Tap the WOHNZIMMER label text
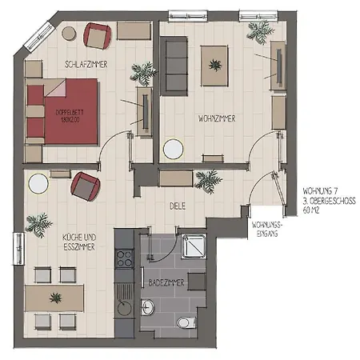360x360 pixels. point(216,118)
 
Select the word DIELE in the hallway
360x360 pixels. point(178,206)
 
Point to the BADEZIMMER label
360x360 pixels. point(167,283)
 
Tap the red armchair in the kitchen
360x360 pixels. point(86,187)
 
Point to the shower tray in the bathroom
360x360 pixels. point(194,250)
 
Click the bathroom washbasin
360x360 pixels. point(148,306)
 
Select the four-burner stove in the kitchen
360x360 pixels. point(126,258)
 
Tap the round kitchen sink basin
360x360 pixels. point(125,307)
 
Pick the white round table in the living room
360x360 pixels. point(173,149)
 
